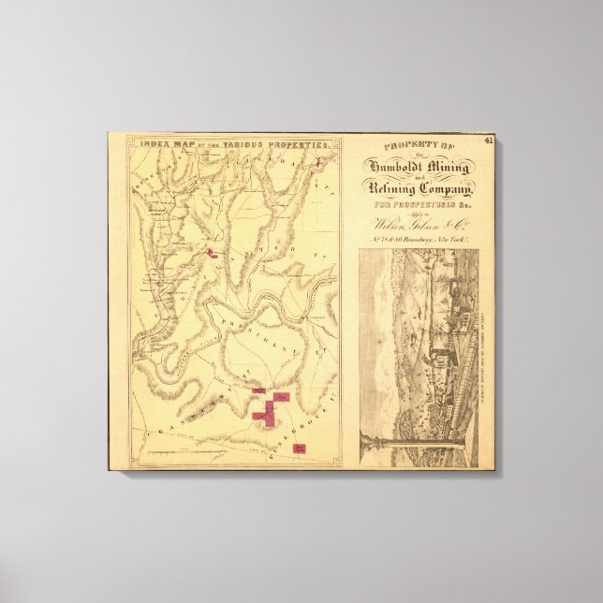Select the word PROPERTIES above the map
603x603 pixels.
(x=301, y=145)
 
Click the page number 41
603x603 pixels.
(x=489, y=140)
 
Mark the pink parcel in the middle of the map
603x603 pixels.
(x=213, y=253)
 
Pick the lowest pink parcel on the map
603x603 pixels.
(x=300, y=449)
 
